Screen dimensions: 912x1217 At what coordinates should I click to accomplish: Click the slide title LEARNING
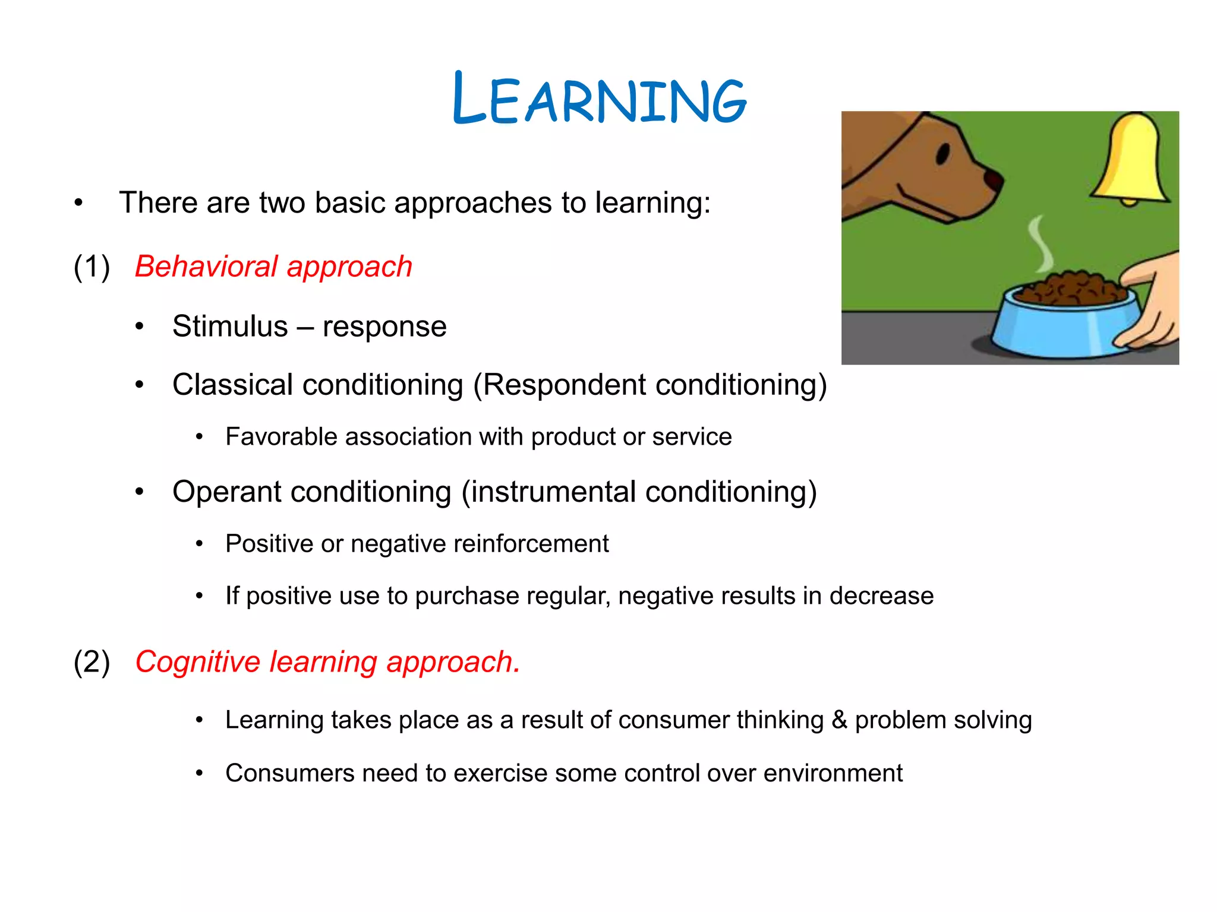pyautogui.click(x=599, y=99)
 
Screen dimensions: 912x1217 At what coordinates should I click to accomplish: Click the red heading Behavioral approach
pyautogui.click(x=273, y=267)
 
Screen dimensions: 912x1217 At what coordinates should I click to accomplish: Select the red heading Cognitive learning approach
pyautogui.click(x=327, y=662)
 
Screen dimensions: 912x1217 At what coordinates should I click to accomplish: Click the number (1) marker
pyautogui.click(x=92, y=267)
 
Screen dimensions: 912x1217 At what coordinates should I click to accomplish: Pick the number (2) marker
pyautogui.click(x=92, y=662)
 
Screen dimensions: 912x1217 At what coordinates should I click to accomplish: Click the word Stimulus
pyautogui.click(x=230, y=327)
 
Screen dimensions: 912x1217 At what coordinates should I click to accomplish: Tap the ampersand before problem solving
pyautogui.click(x=839, y=720)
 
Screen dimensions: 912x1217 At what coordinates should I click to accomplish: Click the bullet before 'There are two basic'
pyautogui.click(x=78, y=203)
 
